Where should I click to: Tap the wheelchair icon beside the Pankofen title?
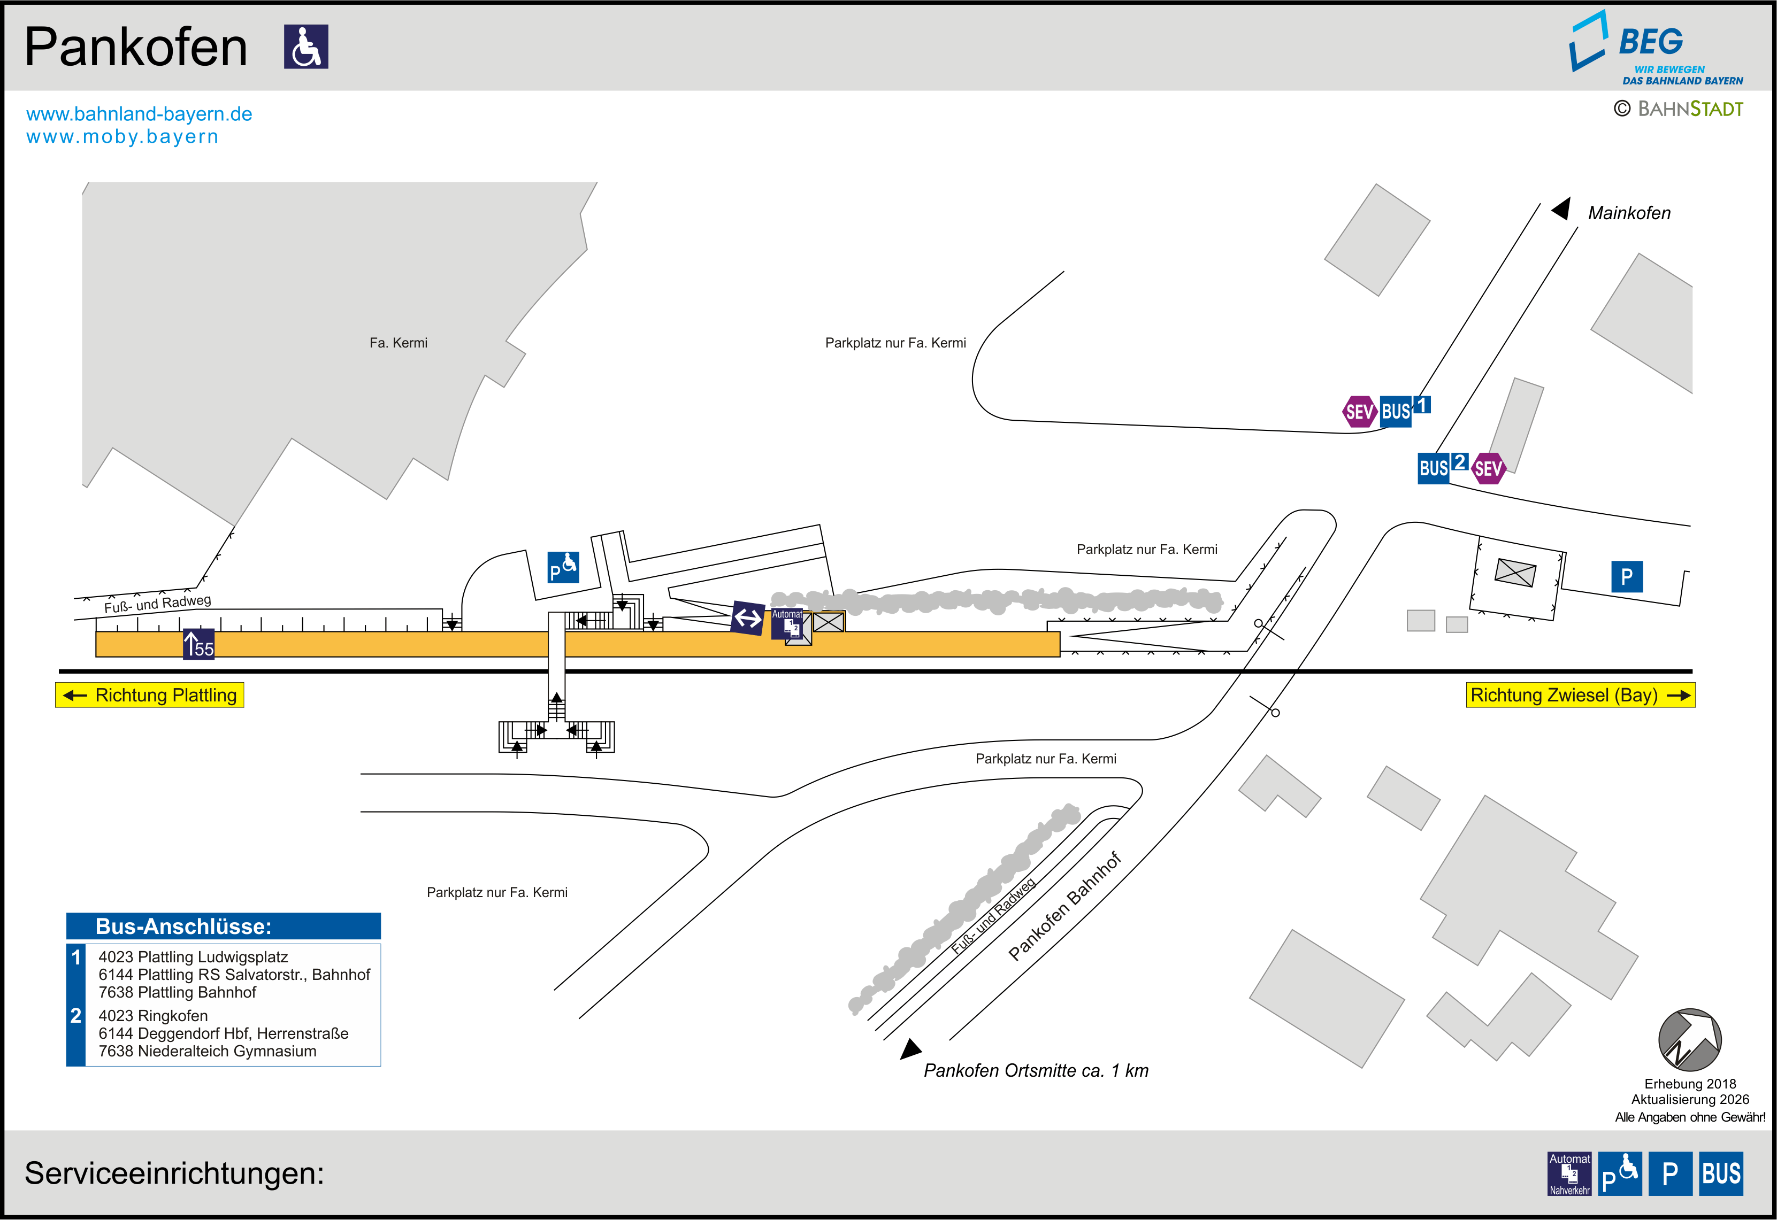[306, 47]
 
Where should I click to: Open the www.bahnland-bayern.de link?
[139, 114]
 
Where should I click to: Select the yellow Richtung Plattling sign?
[150, 695]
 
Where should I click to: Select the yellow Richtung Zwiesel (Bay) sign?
[1581, 695]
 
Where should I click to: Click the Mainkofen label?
[1629, 213]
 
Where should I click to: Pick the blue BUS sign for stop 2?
[1434, 468]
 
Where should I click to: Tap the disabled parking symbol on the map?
[563, 567]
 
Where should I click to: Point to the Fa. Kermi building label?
[399, 343]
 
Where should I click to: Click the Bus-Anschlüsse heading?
[183, 926]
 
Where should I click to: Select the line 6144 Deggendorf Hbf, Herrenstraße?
[223, 1033]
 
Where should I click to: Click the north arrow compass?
[1690, 1040]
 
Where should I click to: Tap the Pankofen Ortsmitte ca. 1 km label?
[1036, 1070]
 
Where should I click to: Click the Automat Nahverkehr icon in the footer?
[1570, 1173]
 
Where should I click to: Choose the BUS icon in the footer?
[1721, 1173]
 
